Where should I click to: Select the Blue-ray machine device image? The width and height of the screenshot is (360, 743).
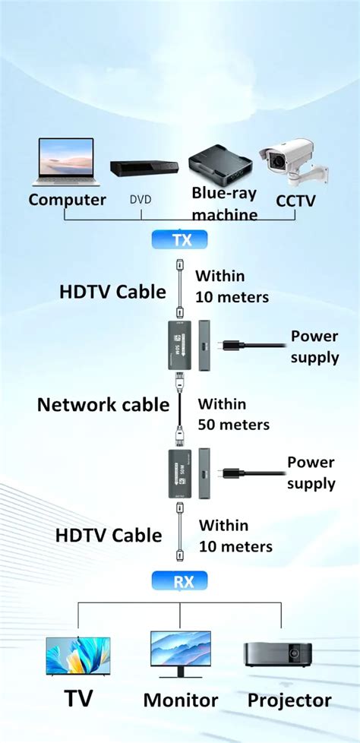tap(221, 166)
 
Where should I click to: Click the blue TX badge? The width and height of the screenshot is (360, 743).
tap(179, 240)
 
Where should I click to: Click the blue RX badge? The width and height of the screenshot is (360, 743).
tap(179, 581)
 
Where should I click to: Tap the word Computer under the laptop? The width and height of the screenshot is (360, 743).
tap(68, 201)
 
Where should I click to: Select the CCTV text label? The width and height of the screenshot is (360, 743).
tap(295, 201)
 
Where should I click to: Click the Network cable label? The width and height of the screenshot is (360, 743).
tap(103, 405)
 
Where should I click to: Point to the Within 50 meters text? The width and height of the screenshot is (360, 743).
tap(233, 415)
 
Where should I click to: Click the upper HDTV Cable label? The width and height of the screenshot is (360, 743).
tap(113, 291)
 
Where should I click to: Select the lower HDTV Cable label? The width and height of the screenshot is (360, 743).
tap(109, 535)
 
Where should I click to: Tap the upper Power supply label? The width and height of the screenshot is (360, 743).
tap(314, 346)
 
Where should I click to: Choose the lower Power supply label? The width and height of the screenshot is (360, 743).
tap(311, 473)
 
